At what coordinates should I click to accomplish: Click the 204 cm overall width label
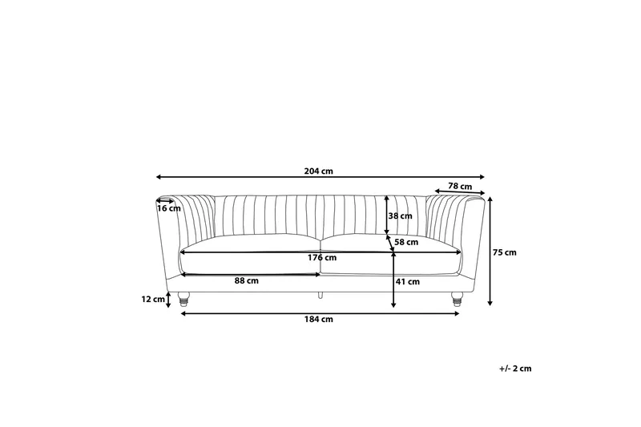(319, 170)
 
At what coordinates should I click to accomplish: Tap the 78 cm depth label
(459, 186)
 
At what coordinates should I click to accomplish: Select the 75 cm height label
(505, 252)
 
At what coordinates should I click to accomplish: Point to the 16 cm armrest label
(169, 208)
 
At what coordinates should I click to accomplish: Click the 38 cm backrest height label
(400, 216)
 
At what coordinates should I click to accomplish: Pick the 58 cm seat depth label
(407, 241)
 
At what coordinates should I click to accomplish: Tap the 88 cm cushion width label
(246, 280)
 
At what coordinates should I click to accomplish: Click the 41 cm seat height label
(408, 281)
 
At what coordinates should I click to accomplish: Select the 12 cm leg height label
(152, 299)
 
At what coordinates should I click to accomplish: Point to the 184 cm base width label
(319, 320)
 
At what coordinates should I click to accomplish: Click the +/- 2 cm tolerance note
(515, 369)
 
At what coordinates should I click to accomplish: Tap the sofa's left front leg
(185, 299)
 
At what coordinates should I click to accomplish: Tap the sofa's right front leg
(457, 299)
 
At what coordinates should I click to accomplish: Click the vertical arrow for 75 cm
(490, 252)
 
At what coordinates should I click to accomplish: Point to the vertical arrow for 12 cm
(168, 300)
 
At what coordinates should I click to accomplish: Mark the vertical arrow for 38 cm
(387, 215)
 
